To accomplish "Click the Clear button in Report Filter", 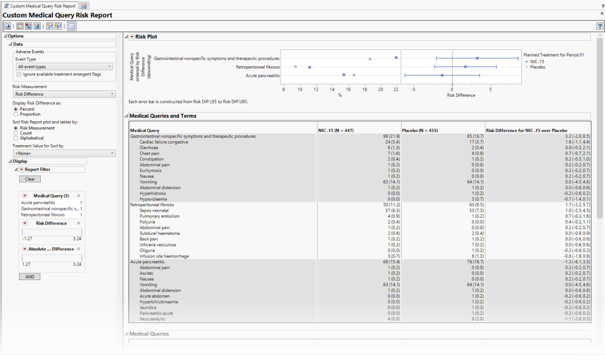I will (x=29, y=179).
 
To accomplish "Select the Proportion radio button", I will (x=16, y=114).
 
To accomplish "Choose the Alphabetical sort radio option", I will (x=16, y=138).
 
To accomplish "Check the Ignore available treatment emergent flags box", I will (x=19, y=74).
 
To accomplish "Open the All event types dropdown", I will (x=64, y=66).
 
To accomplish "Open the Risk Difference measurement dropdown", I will (x=64, y=94).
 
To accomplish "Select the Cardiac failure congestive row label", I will (x=164, y=142).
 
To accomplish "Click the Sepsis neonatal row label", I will (x=154, y=210).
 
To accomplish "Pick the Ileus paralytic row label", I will (x=152, y=319).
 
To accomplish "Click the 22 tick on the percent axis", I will (x=396, y=89).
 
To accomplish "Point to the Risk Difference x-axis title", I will (x=460, y=95).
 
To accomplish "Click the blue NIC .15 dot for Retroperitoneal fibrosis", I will (x=309, y=67).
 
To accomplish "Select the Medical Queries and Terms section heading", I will (x=163, y=116).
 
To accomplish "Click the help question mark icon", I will (x=599, y=26).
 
